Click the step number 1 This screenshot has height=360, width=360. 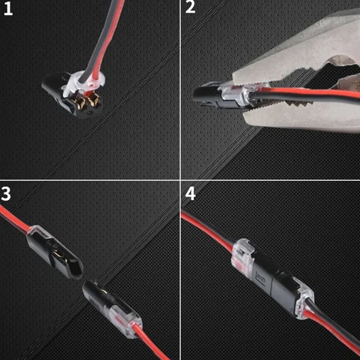point(8,9)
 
